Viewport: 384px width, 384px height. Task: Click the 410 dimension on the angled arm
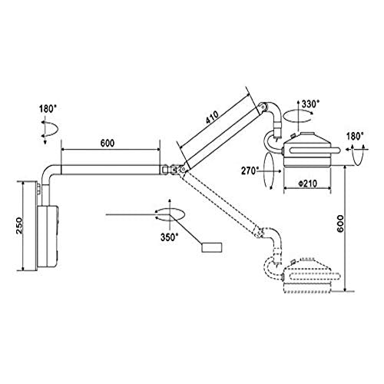tap(212, 118)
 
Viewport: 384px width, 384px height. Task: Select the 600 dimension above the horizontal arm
tap(108, 143)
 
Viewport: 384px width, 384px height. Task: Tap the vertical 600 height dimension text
tap(340, 223)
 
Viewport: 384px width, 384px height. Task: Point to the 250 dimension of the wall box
tap(19, 226)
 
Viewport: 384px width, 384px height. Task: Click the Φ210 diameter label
tap(307, 184)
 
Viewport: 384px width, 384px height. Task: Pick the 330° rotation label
tap(310, 104)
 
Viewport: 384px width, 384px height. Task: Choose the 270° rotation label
tap(250, 170)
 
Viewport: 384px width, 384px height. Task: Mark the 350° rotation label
tap(169, 237)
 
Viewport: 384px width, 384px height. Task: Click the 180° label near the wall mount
tap(48, 109)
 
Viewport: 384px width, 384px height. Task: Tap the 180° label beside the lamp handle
tap(355, 137)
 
